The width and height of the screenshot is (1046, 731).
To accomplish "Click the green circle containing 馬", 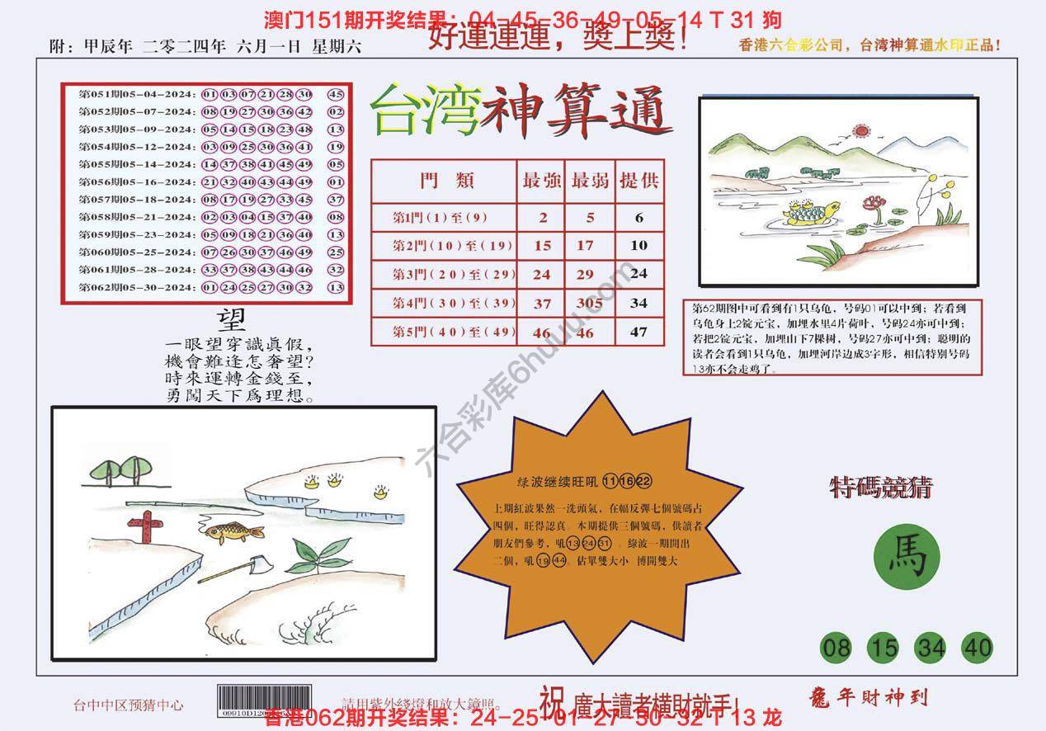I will coord(907,559).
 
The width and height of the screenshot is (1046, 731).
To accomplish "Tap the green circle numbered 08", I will coord(836,648).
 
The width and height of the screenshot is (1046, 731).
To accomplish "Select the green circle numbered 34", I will coord(931,648).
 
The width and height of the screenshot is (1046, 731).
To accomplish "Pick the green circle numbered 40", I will coord(977,648).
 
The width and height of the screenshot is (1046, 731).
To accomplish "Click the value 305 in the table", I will coord(589,303).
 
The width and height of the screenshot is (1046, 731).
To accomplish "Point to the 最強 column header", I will coord(541,182).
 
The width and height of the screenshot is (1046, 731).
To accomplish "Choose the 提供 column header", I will coord(639,182).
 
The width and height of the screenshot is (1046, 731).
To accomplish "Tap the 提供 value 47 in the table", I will coord(638,332).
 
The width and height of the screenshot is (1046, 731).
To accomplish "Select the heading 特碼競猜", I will coord(880,488).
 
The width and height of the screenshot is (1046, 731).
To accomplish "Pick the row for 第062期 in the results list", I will coord(211,287).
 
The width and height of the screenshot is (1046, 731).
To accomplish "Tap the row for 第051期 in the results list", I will coord(211,93).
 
